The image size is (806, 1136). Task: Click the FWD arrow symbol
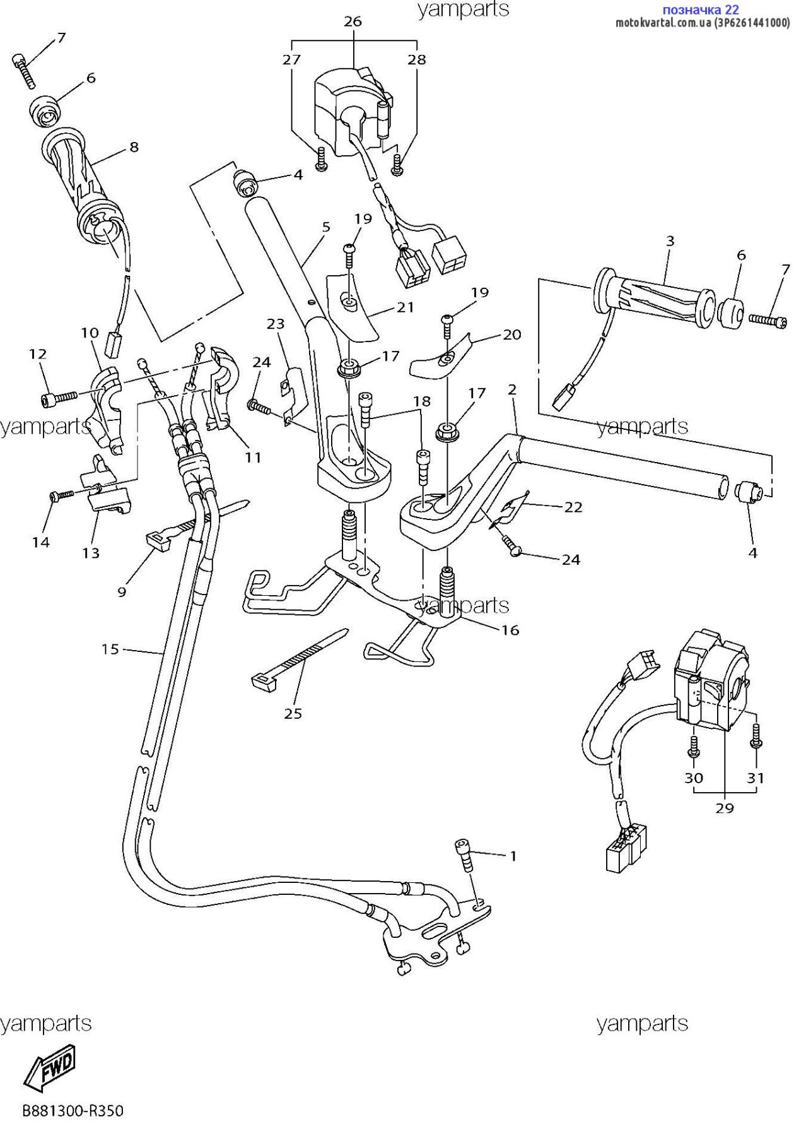tap(50, 1068)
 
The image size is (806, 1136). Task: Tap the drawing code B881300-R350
tap(73, 1111)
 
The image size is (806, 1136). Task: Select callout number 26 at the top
tap(353, 21)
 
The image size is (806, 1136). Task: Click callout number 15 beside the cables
tap(110, 649)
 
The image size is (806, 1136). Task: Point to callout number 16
tap(510, 630)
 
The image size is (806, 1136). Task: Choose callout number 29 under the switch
tap(725, 808)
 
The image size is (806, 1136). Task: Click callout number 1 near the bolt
tap(513, 856)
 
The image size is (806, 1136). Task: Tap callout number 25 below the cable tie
tap(293, 714)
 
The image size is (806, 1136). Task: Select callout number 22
tap(573, 507)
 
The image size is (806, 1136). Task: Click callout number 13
tap(91, 553)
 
